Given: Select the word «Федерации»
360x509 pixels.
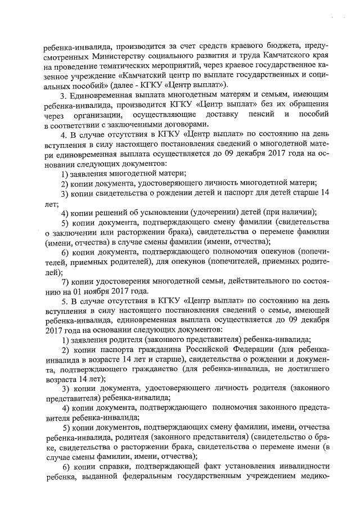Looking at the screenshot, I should click(x=268, y=350).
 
